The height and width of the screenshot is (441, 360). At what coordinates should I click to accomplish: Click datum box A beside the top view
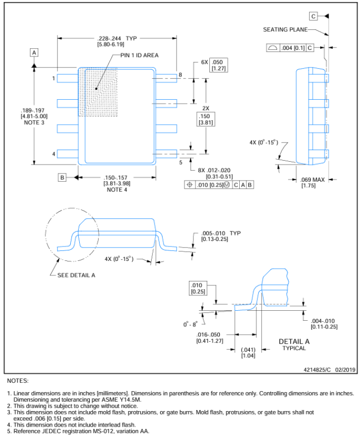pyautogui.click(x=34, y=53)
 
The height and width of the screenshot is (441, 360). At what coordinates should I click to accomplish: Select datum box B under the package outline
pyautogui.click(x=62, y=177)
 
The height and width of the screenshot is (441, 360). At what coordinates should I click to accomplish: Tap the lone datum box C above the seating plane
pyautogui.click(x=313, y=16)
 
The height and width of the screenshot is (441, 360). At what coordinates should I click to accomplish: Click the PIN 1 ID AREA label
pyautogui.click(x=140, y=55)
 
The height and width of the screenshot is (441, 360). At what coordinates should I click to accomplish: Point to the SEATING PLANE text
pyautogui.click(x=285, y=29)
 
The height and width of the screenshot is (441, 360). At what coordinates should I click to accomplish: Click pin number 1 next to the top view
pyautogui.click(x=53, y=78)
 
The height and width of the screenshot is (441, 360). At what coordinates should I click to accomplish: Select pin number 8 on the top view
pyautogui.click(x=181, y=75)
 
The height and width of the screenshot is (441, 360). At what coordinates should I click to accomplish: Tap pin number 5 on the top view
pyautogui.click(x=181, y=162)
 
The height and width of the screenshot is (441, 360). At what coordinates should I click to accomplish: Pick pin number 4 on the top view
pyautogui.click(x=53, y=154)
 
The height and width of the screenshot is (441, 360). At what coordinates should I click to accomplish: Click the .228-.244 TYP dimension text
pyautogui.click(x=117, y=39)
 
